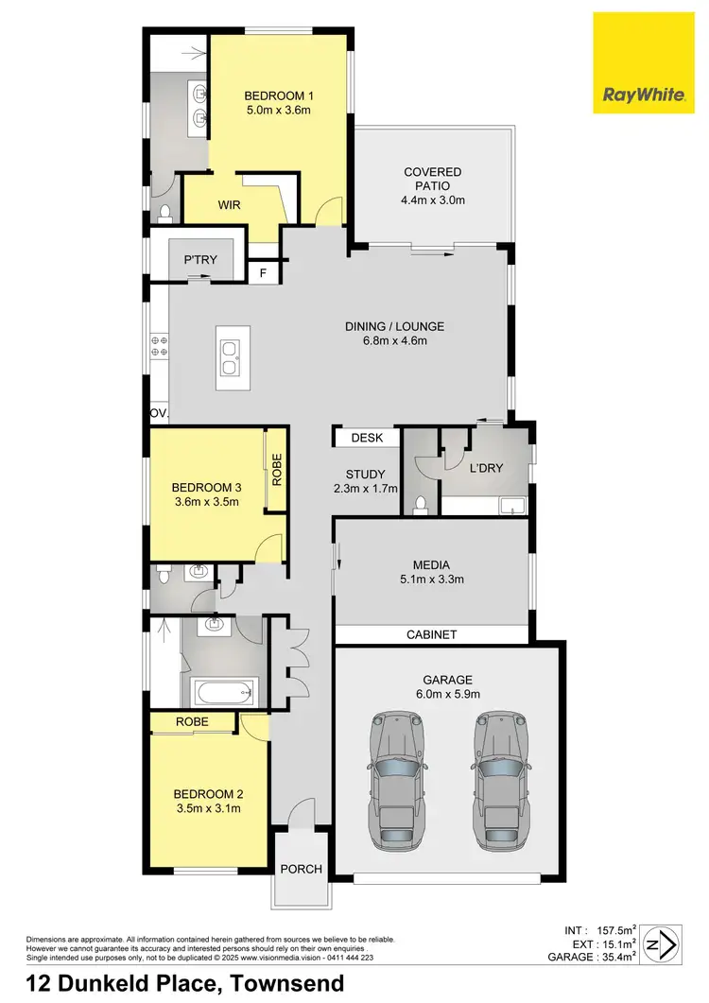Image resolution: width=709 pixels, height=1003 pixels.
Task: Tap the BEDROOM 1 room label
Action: (x=278, y=95)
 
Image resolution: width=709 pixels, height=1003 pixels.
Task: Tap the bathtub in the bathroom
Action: (x=226, y=693)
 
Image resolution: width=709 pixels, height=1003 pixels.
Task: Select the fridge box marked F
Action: (x=264, y=273)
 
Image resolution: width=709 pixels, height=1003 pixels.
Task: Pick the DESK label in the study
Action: (x=365, y=439)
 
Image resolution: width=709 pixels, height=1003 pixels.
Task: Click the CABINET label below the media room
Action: (x=431, y=635)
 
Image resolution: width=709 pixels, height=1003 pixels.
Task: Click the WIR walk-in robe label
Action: (x=231, y=204)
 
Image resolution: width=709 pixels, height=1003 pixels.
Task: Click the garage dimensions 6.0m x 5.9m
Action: (x=448, y=694)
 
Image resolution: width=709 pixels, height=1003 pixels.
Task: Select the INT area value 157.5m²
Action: (x=614, y=930)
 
